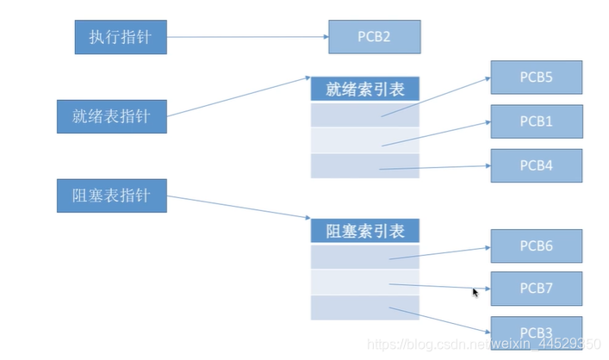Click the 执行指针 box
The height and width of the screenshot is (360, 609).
[120, 38]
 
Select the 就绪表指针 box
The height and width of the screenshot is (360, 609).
[111, 116]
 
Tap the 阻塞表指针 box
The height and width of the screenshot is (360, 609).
[111, 196]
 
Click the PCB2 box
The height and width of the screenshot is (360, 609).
[374, 37]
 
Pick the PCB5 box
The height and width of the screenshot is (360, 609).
[536, 77]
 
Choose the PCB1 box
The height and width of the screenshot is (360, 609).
[536, 121]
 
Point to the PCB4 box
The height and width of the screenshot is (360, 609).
[536, 165]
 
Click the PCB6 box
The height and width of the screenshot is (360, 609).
[536, 245]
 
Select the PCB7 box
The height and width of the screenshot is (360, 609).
[536, 289]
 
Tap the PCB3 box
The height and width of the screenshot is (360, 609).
[536, 332]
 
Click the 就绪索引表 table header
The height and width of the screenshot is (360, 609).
[364, 89]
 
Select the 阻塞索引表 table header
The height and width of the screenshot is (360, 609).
[364, 231]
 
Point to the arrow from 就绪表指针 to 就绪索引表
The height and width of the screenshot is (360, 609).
[239, 96]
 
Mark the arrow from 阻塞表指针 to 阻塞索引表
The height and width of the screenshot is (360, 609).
[239, 209]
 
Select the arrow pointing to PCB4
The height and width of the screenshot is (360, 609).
[435, 167]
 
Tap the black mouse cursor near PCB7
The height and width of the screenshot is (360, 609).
[475, 293]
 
